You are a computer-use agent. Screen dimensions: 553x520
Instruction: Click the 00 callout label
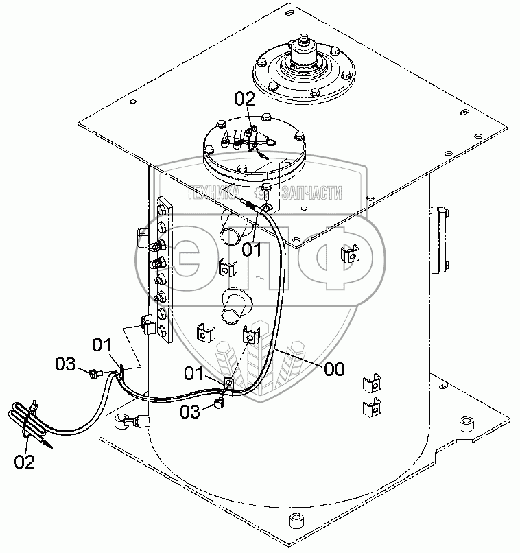pos(334,369)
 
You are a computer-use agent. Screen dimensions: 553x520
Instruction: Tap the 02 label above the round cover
pos(245,99)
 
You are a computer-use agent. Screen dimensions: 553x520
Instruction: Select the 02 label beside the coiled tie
pos(24,462)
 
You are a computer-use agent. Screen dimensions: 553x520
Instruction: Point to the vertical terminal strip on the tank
pos(162,271)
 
